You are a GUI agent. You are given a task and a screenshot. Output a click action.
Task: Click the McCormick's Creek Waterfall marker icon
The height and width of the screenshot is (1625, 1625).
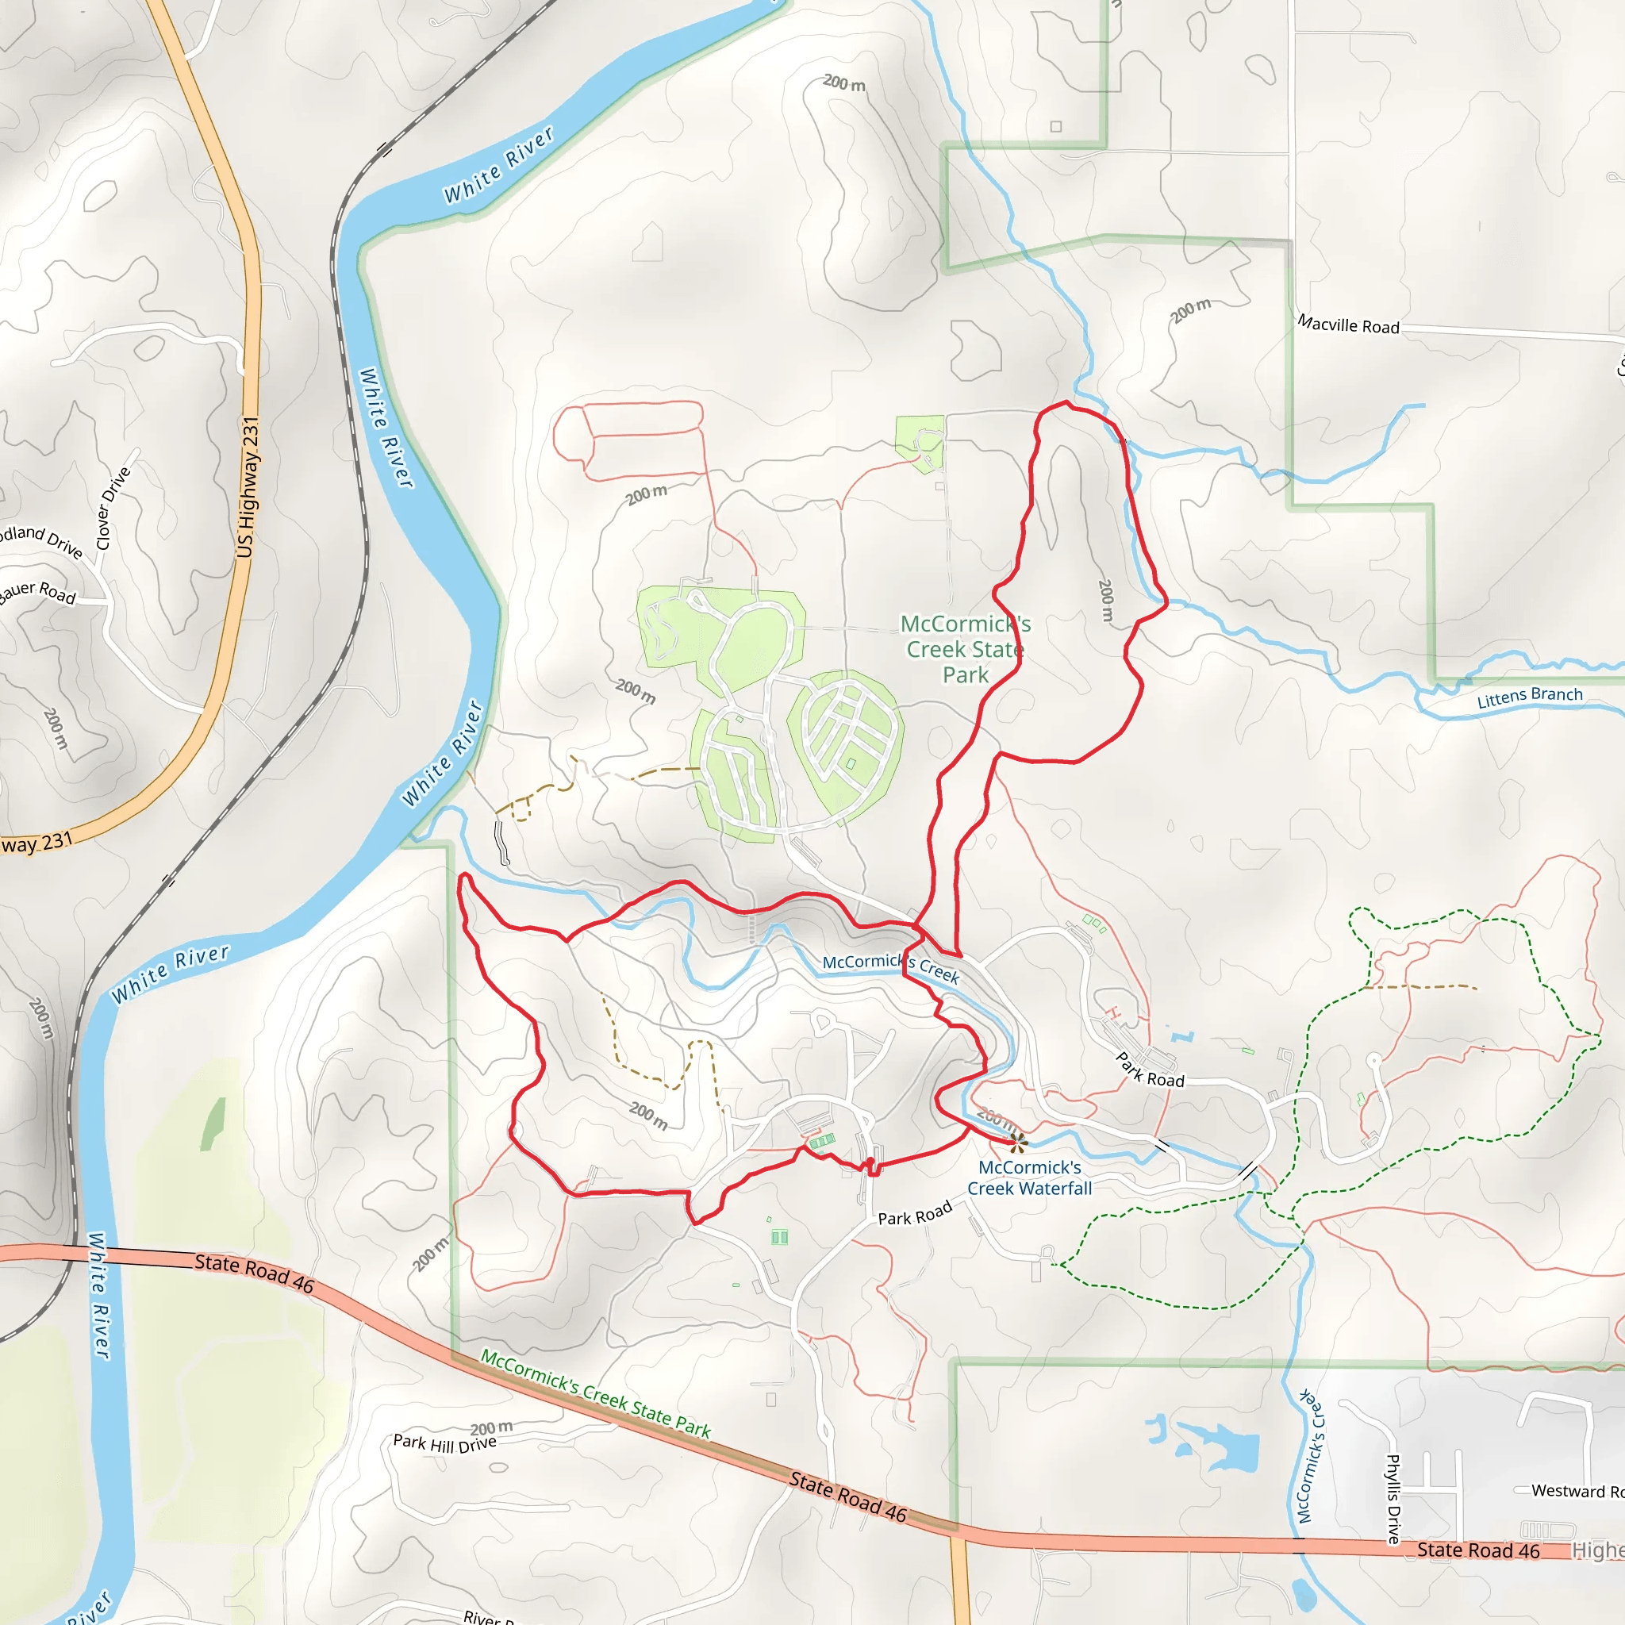point(1018,1143)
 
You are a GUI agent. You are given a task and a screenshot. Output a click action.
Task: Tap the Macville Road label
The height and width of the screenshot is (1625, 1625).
point(1348,325)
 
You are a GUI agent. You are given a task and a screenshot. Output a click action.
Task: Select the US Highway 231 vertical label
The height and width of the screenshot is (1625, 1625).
point(248,487)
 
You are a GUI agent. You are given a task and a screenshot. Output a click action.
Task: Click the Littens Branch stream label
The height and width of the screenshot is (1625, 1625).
point(1530,697)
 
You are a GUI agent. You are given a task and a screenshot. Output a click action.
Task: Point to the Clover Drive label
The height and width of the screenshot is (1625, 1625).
point(113,508)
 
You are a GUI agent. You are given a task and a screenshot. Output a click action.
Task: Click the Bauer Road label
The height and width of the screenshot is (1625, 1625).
point(38,591)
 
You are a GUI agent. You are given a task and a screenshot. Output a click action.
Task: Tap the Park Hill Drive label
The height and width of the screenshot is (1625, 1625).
point(444,1443)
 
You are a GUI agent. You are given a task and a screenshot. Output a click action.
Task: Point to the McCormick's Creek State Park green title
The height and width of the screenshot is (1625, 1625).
point(965,649)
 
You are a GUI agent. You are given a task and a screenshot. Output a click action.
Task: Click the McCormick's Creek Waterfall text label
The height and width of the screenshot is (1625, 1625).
point(1029,1177)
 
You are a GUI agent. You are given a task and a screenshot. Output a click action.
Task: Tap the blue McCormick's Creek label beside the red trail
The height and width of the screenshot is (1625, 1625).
point(890,968)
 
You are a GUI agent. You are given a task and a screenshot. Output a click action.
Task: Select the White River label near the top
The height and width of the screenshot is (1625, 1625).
point(500,165)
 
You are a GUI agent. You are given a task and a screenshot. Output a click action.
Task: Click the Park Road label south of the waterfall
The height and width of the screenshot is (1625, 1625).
point(914,1213)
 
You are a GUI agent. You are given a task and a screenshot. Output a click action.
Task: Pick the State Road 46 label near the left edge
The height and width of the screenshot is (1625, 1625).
point(254,1273)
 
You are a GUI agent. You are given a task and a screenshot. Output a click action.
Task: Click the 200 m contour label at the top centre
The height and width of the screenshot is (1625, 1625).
point(843,83)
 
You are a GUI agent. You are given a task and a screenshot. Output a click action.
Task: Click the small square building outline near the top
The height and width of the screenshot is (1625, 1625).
point(1055,126)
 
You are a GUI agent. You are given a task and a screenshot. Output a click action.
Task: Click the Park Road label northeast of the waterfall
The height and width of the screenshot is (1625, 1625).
point(1150,1070)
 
